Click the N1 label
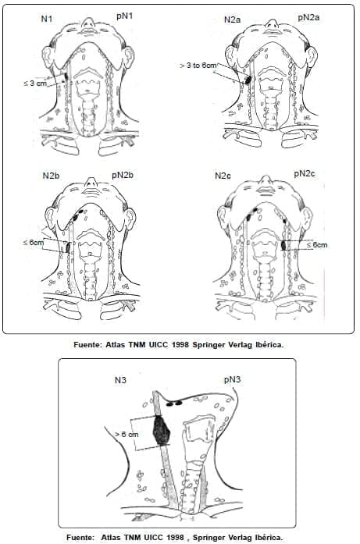[47, 19]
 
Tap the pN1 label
[124, 16]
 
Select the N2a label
[232, 20]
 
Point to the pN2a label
[308, 17]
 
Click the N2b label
[51, 176]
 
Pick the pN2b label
[123, 175]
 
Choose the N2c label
[223, 176]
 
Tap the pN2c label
[305, 173]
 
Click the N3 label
[120, 380]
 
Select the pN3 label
[232, 379]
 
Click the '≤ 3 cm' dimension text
[35, 84]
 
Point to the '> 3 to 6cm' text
[198, 66]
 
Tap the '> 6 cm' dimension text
[127, 435]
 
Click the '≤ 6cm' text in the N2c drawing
[317, 245]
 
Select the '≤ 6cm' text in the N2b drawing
[34, 243]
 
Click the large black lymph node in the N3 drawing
[162, 430]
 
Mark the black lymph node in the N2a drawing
[248, 80]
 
